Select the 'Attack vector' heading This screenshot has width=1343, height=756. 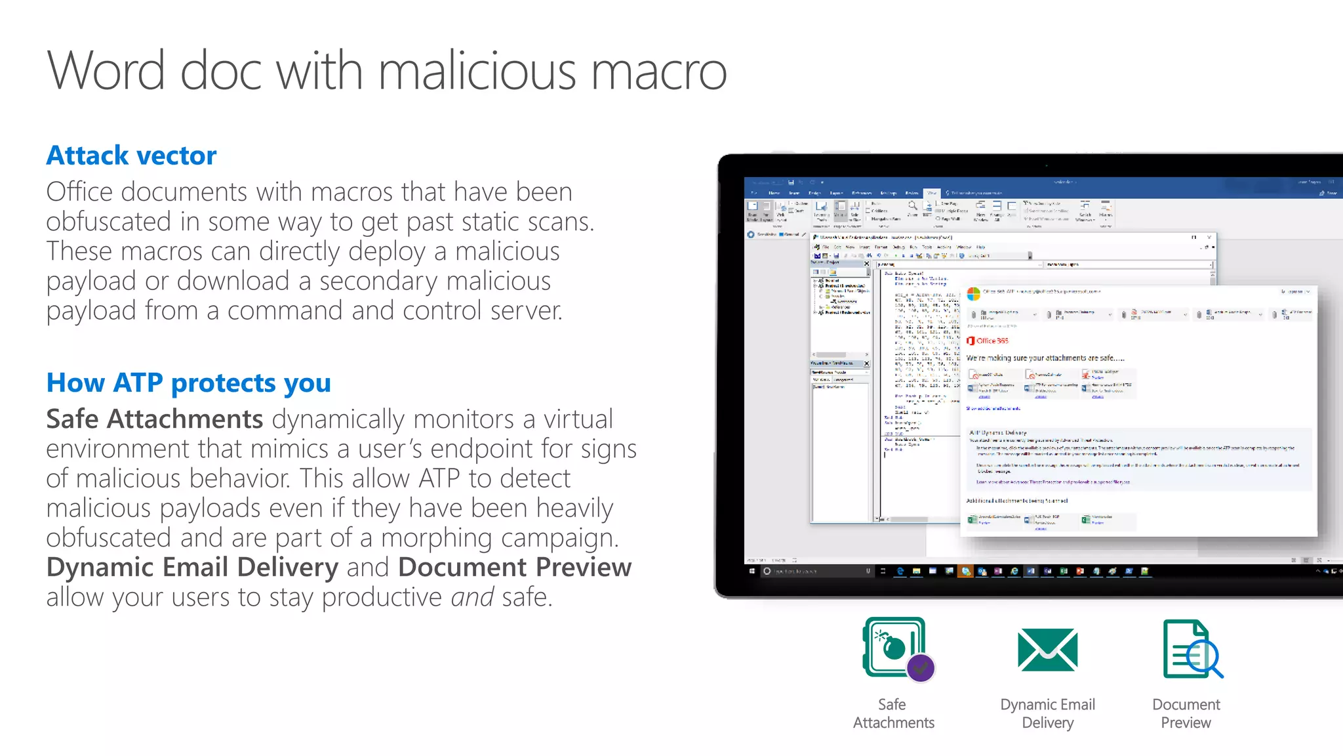[x=131, y=156]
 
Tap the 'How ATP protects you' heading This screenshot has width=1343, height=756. [x=188, y=383]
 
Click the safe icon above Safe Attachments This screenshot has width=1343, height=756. [x=893, y=647]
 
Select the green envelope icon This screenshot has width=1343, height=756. [x=1047, y=650]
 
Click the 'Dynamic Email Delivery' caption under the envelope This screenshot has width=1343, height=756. [x=1047, y=713]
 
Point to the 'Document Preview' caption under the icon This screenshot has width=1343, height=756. [x=1186, y=713]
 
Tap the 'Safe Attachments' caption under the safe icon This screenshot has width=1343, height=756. [x=893, y=713]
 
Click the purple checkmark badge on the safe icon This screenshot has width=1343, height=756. [x=921, y=668]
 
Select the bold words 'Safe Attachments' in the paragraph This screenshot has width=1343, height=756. [x=155, y=419]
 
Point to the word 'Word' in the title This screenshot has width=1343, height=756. [x=106, y=71]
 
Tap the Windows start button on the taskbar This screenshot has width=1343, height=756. [x=752, y=571]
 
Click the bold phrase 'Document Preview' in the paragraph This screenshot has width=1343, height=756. [x=515, y=568]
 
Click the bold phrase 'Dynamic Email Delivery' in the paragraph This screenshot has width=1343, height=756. [x=192, y=568]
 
